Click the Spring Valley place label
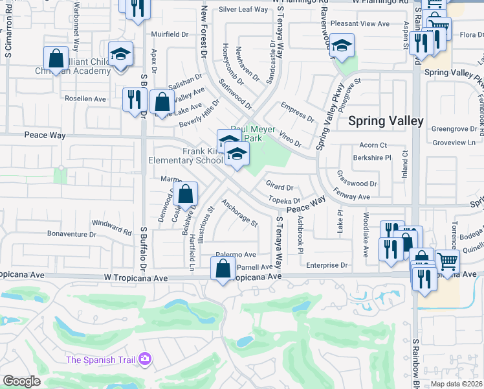coord(386,121)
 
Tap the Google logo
coord(21,381)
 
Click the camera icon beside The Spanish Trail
coord(144,359)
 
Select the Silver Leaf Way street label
coord(243,9)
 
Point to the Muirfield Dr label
coord(169,34)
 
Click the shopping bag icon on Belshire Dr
coord(186,194)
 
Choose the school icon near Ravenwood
coord(342,45)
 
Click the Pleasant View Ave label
coord(360,23)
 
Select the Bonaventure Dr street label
coord(71,233)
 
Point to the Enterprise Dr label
coord(327,265)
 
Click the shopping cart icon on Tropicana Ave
coord(448,262)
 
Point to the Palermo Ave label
coord(236,255)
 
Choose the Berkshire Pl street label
coord(372,158)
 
